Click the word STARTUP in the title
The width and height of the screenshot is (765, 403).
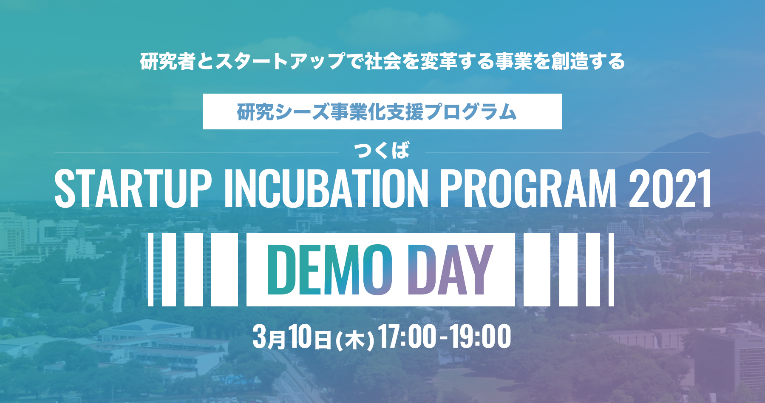pyautogui.click(x=133, y=188)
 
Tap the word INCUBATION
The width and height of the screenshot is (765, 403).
pyautogui.click(x=326, y=188)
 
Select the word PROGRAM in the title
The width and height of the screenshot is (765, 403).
pyautogui.click(x=528, y=188)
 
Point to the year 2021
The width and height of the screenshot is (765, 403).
pyautogui.click(x=670, y=188)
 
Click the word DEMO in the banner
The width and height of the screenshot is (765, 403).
pyautogui.click(x=330, y=270)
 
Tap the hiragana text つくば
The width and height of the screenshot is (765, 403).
pyautogui.click(x=382, y=151)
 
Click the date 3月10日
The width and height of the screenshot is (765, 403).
pyautogui.click(x=292, y=337)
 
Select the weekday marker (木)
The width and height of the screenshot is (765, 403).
pyautogui.click(x=355, y=340)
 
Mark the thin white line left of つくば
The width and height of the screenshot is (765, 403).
pyautogui.click(x=197, y=152)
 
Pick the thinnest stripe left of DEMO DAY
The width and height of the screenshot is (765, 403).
pyautogui.click(x=150, y=269)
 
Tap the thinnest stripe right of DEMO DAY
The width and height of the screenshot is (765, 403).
pyautogui.click(x=611, y=269)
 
